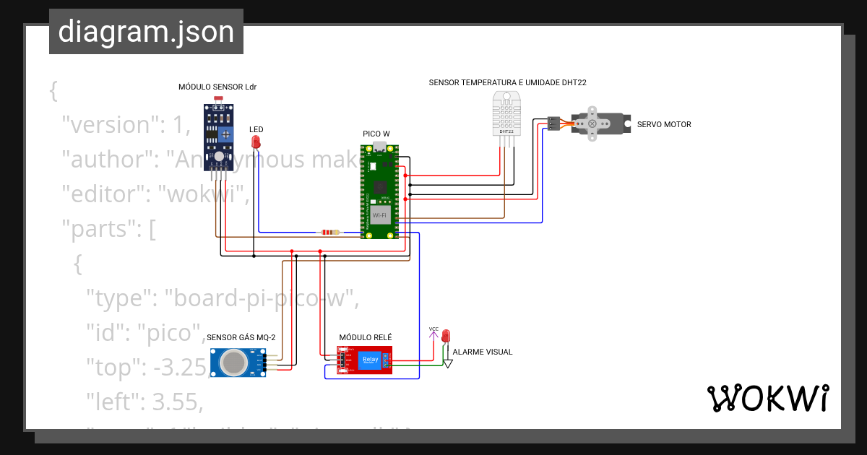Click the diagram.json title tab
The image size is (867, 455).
point(146,32)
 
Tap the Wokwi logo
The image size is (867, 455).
point(767,398)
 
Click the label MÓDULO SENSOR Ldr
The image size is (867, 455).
point(217,87)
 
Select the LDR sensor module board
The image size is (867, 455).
point(218,136)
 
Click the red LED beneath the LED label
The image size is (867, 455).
point(255,142)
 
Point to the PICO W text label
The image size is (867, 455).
point(376,134)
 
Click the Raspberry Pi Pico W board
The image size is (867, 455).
point(380,191)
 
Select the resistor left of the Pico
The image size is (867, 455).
point(330,233)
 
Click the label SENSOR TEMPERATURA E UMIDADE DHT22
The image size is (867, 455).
point(507,82)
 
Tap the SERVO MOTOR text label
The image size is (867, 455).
point(664,124)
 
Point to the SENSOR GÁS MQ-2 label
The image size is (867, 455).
point(241,337)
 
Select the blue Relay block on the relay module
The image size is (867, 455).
point(369,360)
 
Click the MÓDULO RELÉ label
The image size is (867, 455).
point(366,337)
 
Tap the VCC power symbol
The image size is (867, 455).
point(433,331)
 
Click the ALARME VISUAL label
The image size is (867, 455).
point(482,352)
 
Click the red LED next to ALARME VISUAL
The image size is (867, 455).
point(446,337)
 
